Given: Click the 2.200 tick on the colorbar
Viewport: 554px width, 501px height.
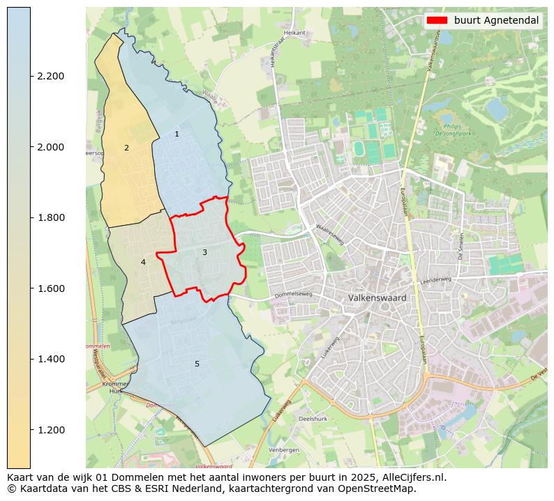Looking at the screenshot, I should pos(52,76).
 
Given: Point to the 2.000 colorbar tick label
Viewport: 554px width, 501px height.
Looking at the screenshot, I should pos(52,147).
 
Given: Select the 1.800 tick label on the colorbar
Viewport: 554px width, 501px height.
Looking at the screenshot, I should pos(52,217).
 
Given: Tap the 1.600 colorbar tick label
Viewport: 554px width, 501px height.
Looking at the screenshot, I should pos(52,288).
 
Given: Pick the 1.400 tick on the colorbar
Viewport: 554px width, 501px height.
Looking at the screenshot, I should pos(52,359).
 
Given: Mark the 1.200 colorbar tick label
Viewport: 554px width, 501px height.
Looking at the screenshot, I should pos(52,430).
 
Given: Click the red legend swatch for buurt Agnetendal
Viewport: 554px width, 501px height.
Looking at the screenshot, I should pos(437,20).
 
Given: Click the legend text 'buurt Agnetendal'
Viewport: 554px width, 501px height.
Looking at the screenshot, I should pos(496,20).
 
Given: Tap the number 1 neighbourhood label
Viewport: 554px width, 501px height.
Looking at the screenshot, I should pos(177,134).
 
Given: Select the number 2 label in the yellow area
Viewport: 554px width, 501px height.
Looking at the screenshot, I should pos(126,148).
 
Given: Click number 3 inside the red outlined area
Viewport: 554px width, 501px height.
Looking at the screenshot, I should pos(204,252).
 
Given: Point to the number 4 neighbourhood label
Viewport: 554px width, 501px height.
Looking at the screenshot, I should pos(143,262).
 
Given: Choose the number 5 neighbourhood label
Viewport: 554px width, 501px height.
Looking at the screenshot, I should pos(197,364).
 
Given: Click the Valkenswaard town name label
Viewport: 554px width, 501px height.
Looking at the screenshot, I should pos(377,298).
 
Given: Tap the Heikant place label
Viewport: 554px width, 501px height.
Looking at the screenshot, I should pos(295,32).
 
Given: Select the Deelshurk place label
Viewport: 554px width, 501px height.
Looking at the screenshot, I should pos(313,419).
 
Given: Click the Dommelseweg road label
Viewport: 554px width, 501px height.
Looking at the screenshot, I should pos(294,295).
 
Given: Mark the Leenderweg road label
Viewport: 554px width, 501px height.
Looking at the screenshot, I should pos(436,279).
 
